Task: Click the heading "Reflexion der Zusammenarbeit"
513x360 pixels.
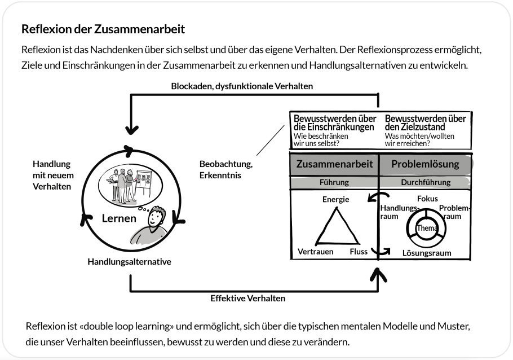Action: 103,28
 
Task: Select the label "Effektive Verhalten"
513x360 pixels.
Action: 247,298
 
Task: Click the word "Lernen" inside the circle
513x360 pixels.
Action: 119,218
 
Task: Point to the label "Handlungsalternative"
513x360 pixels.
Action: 129,262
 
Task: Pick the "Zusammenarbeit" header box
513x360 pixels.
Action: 334,164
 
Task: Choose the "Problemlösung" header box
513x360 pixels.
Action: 424,164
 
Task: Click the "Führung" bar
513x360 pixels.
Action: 334,182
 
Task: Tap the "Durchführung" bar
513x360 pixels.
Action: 425,182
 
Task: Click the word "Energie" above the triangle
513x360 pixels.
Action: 335,199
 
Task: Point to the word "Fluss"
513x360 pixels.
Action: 359,252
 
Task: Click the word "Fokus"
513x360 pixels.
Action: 427,199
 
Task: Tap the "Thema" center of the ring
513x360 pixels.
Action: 426,228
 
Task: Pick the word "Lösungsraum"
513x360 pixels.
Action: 426,253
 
